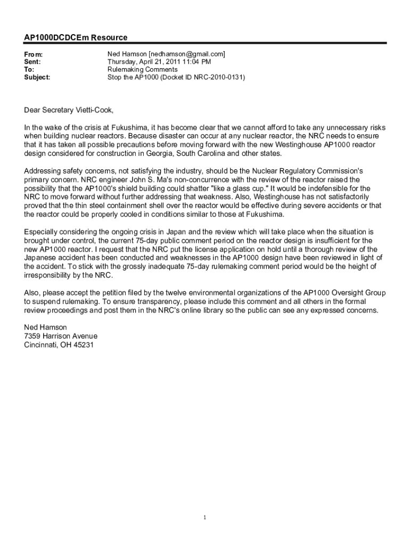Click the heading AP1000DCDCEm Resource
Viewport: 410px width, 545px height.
point(76,38)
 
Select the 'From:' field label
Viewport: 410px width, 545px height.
point(34,54)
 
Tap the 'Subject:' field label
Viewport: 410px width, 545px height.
point(37,77)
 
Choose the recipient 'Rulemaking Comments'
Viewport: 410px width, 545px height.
point(142,70)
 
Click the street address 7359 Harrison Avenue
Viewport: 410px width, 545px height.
point(61,336)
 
